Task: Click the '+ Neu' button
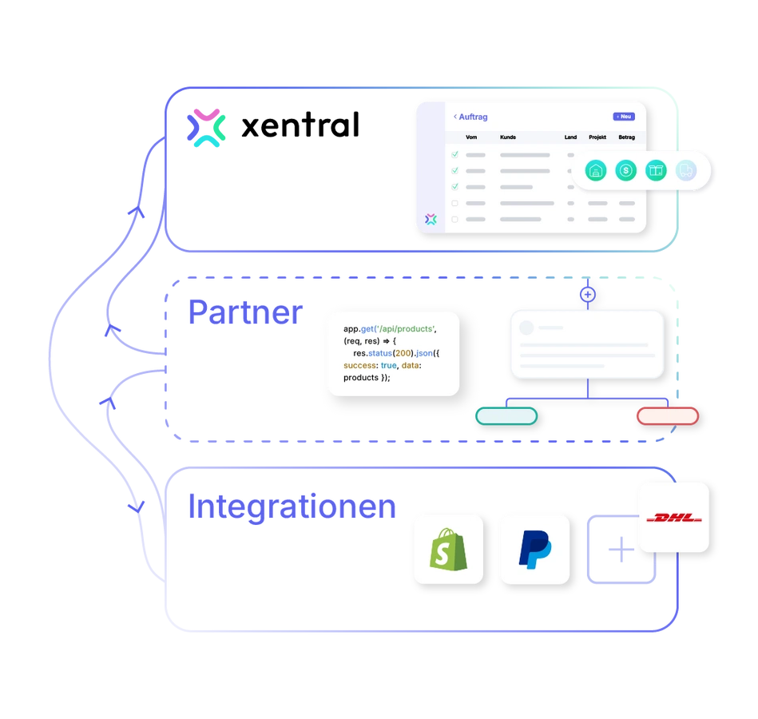[x=624, y=117]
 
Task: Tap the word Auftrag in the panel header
[x=473, y=117]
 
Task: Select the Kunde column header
[x=508, y=137]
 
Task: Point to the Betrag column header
[x=626, y=137]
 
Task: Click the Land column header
[x=570, y=137]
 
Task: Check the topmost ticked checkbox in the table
[x=455, y=154]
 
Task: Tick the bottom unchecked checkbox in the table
[x=455, y=219]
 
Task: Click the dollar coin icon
[x=626, y=170]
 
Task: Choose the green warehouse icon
[x=596, y=170]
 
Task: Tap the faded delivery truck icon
[x=685, y=170]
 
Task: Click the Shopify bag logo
[x=447, y=549]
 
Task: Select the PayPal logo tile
[x=534, y=549]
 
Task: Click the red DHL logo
[x=673, y=518]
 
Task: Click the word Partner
[x=244, y=312]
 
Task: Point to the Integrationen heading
[x=292, y=508]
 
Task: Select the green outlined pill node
[x=506, y=416]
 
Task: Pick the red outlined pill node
[x=667, y=416]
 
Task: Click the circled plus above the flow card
[x=587, y=295]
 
